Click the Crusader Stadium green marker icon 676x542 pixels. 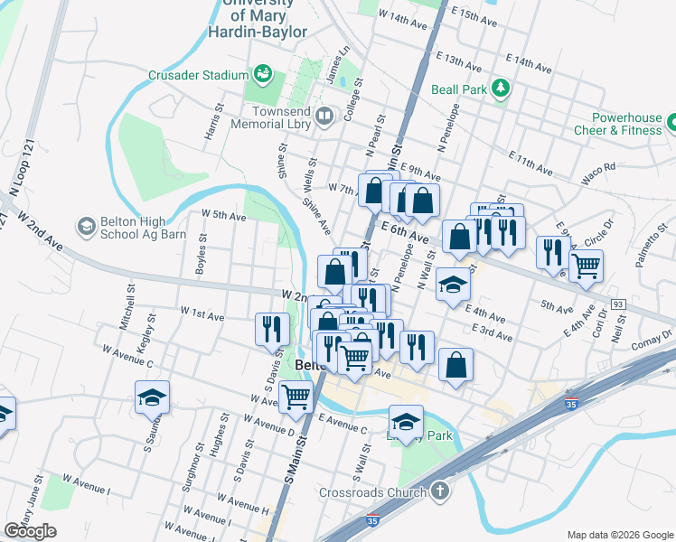[x=263, y=73]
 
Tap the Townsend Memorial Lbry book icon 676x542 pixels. [x=324, y=116]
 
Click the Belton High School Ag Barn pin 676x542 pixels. [x=87, y=225]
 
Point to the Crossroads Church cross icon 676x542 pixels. [x=439, y=492]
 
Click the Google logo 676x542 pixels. [x=31, y=531]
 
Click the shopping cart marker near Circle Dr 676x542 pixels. [x=587, y=266]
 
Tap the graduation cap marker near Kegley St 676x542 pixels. [x=153, y=397]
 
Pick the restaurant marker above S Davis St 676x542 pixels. [x=272, y=330]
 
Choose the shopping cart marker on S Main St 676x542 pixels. [x=296, y=396]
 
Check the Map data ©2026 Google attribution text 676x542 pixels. [x=618, y=535]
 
